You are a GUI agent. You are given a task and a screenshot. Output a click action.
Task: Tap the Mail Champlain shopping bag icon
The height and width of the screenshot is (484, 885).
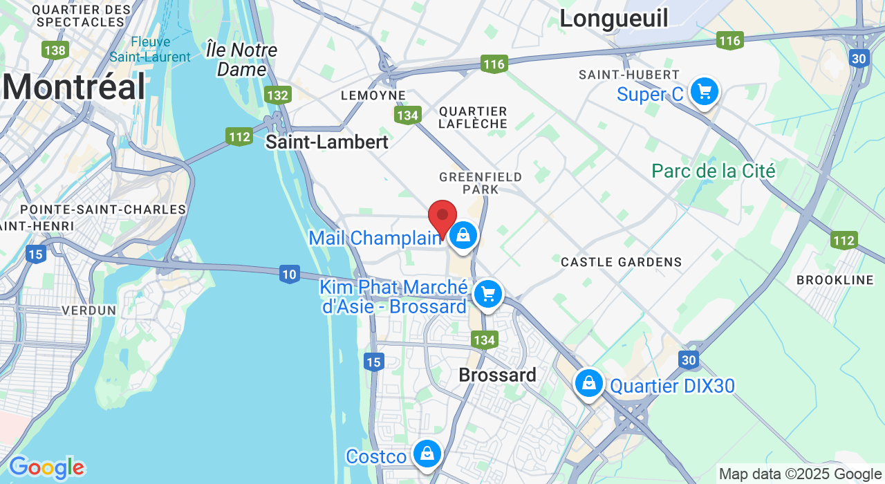pos(463,236)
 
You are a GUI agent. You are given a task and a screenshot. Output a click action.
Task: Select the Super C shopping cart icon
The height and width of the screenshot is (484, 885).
pos(704,91)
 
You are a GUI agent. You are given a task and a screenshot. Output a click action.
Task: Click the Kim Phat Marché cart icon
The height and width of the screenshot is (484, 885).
pos(488,295)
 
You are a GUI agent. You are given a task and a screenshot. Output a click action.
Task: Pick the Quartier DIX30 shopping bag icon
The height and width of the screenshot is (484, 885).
pos(589,383)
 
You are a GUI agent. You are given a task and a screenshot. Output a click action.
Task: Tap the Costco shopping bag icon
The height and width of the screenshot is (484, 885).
pos(427,454)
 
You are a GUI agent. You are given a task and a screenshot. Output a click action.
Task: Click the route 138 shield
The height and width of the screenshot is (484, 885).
pos(55,50)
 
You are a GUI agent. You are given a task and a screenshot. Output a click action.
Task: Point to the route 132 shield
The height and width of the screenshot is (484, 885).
pos(277,95)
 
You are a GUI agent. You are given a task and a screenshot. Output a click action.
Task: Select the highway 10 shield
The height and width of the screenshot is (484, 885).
pos(290,274)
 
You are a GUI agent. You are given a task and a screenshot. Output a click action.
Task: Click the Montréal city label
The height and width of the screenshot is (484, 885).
pos(74,88)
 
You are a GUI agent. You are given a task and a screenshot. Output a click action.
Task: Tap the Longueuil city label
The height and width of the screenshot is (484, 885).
pos(614,19)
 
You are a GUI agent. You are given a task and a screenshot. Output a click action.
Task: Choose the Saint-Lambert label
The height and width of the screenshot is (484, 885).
pos(327,142)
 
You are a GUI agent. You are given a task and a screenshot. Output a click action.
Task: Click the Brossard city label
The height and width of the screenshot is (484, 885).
pos(498,375)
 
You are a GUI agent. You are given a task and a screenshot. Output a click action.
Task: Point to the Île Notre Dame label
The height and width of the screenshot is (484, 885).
pos(242,59)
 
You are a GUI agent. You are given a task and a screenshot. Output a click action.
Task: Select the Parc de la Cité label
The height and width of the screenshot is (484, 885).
pos(714,171)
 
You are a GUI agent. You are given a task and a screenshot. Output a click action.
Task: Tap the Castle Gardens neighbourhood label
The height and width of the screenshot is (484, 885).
pos(621,262)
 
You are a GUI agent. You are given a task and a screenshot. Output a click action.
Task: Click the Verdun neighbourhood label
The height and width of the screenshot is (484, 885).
pos(89,310)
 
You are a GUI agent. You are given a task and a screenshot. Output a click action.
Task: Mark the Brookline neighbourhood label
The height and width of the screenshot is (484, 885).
pos(835,280)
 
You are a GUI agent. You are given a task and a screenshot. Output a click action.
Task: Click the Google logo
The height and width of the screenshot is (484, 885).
pos(46,468)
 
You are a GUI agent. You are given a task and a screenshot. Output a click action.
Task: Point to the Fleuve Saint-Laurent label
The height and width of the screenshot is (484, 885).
pos(150,49)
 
